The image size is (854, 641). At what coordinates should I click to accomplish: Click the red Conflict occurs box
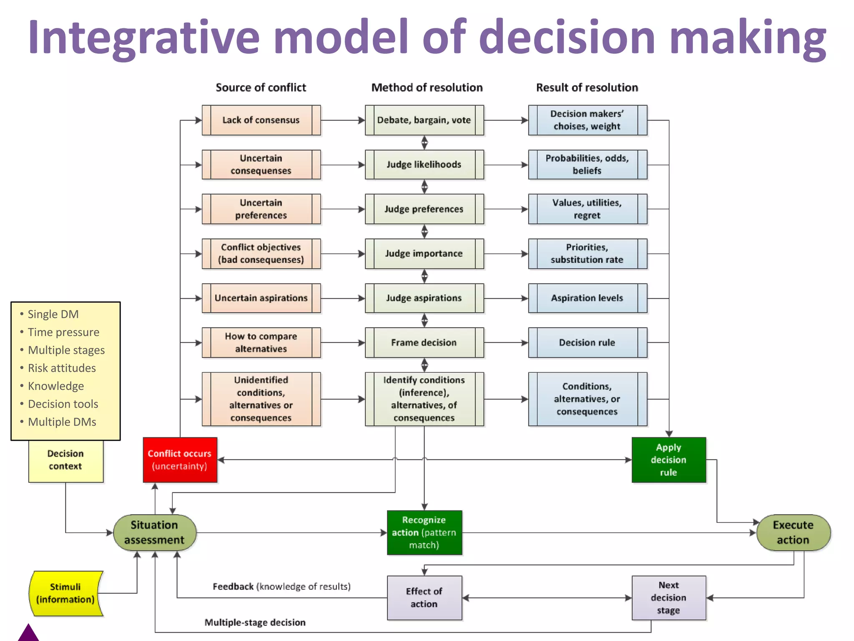[180, 459]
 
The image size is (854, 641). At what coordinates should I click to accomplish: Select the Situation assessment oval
[154, 532]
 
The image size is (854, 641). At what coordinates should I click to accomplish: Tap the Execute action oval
[793, 532]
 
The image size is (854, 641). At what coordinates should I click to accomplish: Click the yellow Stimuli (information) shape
[65, 593]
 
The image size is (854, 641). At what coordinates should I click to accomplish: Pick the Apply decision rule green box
[668, 459]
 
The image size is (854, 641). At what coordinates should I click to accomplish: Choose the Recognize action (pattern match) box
[424, 532]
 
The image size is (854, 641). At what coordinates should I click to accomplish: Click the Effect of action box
[424, 597]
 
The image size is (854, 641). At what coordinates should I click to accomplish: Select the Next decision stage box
[668, 597]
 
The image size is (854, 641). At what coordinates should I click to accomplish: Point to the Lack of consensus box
[261, 120]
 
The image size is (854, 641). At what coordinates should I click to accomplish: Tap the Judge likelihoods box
[424, 164]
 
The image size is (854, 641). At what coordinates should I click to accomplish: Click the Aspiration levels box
[587, 298]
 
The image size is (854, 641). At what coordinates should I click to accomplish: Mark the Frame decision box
[424, 343]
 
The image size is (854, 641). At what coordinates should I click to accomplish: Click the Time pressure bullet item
[63, 332]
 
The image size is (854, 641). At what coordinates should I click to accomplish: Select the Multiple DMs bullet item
[62, 422]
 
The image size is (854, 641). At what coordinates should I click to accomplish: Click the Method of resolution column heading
[427, 88]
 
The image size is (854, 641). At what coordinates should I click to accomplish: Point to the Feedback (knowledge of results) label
[281, 586]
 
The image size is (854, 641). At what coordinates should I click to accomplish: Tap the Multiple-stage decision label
[255, 622]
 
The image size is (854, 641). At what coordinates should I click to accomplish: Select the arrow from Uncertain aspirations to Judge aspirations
[342, 298]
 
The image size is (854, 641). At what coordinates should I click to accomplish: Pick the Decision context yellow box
[65, 460]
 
